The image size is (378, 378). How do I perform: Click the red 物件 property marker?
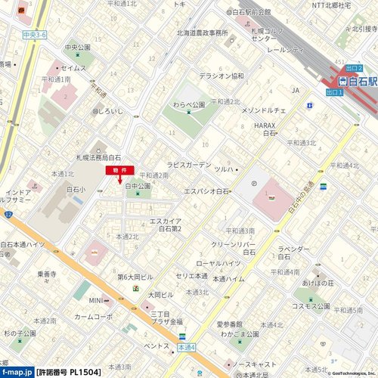[119, 171]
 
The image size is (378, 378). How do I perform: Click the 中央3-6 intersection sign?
[35, 36]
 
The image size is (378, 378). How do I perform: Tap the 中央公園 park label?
[77, 47]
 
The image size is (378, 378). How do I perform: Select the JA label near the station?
[296, 91]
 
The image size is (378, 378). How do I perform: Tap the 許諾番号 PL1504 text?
[68, 372]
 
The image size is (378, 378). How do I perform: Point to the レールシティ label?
[285, 49]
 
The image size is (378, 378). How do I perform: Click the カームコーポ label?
[93, 317]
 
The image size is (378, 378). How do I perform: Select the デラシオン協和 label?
[221, 76]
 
